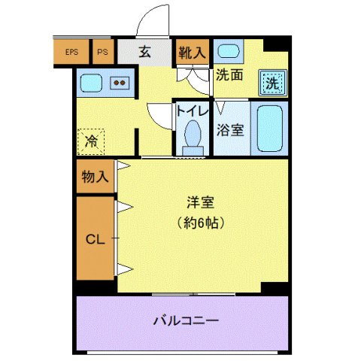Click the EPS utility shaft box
(71, 53)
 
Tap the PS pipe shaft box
(103, 53)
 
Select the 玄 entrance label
(145, 53)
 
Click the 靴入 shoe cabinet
(191, 53)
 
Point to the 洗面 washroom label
(229, 74)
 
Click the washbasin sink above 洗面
(226, 52)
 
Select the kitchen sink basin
(92, 82)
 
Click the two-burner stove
(120, 83)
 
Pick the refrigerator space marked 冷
(91, 141)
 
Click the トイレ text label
(191, 110)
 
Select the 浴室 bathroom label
(230, 129)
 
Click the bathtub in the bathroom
(268, 128)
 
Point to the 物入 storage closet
(96, 177)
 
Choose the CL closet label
(94, 240)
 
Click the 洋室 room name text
(201, 202)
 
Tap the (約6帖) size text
(201, 223)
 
